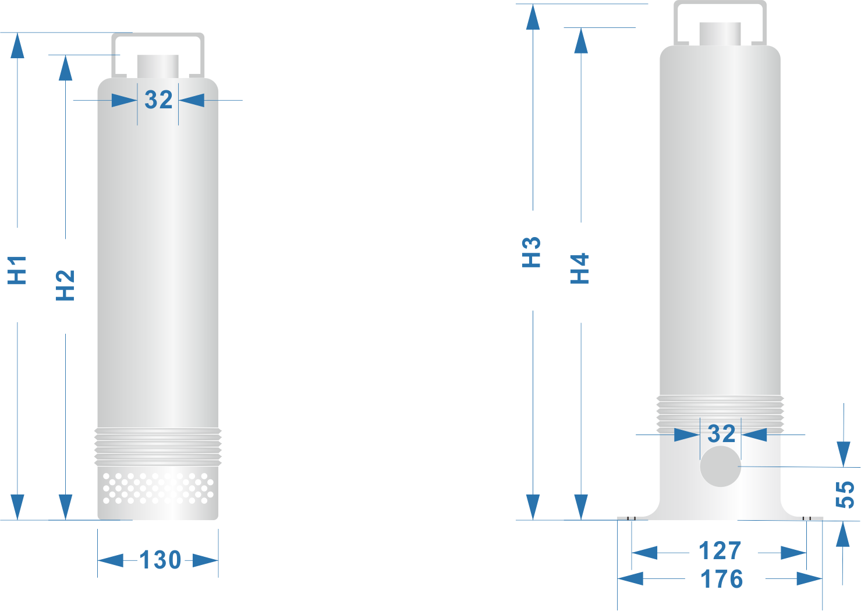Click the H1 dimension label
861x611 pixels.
coord(17,270)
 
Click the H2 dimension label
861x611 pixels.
coord(65,285)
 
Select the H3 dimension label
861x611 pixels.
coord(532,252)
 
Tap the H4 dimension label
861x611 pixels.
coord(580,268)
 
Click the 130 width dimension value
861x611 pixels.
coord(160,560)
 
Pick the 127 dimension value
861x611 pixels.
coord(720,550)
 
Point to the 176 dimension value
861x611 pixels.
coord(722,579)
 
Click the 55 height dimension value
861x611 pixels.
coord(845,494)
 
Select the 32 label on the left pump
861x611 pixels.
coord(158,100)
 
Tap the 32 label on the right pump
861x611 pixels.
coord(721,433)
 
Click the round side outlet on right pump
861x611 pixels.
coord(720,467)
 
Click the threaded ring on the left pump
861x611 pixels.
coord(158,446)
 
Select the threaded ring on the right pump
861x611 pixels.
coord(720,414)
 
